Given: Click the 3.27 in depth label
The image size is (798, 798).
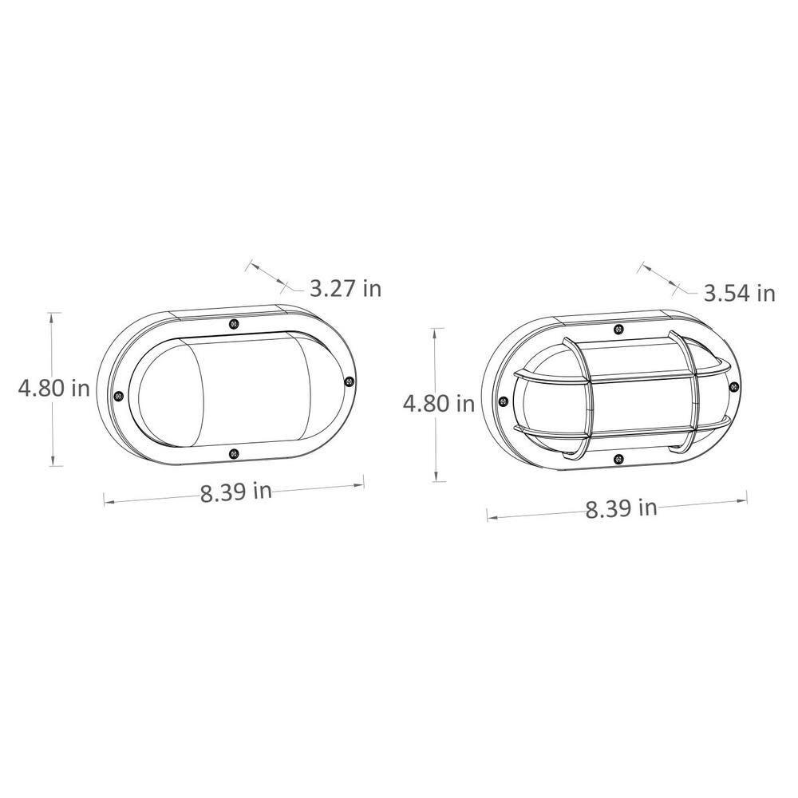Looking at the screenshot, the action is point(345,289).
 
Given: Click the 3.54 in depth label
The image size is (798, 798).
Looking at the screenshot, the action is point(740,294).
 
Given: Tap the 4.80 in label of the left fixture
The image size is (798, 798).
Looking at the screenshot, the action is point(54,389).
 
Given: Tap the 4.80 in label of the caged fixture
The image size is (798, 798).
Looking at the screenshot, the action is point(439,404).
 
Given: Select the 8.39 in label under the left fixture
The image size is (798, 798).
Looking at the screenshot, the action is point(235,492).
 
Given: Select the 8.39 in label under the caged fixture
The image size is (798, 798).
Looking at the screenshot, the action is point(621,508).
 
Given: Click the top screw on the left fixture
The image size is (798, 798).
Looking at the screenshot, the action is point(233,324).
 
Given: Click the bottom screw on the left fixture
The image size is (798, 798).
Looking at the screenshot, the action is point(233,453).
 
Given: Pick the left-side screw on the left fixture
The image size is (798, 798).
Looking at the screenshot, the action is point(119,396).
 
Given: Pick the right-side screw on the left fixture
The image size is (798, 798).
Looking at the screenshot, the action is point(349,381).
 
